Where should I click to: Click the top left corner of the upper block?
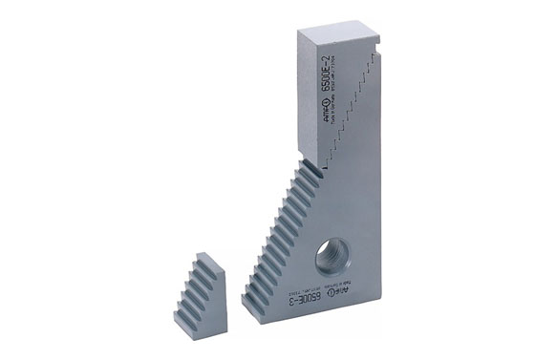(x=299, y=32)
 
